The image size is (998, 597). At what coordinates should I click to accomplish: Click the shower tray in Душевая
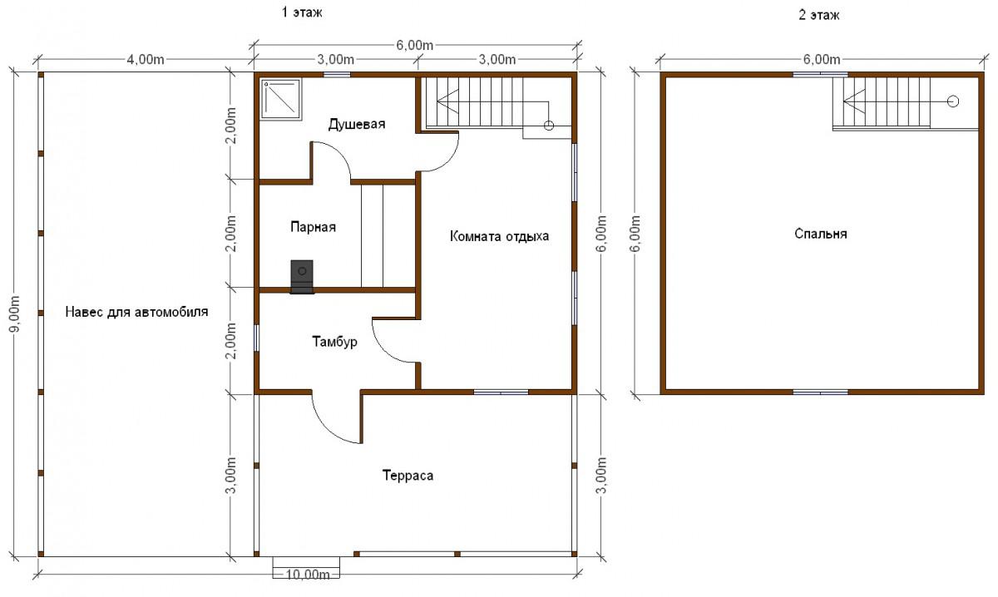(281, 100)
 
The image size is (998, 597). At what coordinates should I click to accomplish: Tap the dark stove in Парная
(302, 277)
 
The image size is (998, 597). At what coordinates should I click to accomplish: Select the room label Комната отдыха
(499, 235)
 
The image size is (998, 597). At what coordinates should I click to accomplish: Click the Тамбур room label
(334, 342)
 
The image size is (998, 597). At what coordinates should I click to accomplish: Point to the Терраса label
(408, 476)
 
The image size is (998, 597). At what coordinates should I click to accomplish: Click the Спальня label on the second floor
(820, 234)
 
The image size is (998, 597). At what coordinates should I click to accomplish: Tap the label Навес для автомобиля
(136, 312)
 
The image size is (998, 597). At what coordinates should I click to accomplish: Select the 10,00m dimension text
(308, 575)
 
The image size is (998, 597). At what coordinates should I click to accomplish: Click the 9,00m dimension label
(15, 314)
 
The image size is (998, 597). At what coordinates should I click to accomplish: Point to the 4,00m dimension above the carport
(146, 59)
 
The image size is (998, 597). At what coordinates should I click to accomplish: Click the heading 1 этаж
(302, 12)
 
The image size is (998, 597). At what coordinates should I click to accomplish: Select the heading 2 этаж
(819, 15)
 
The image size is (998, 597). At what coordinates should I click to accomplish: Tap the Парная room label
(313, 227)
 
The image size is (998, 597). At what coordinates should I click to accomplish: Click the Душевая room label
(357, 124)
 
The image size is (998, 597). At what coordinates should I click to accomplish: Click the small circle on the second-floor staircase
(952, 101)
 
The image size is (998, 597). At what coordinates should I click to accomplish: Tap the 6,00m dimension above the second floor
(822, 59)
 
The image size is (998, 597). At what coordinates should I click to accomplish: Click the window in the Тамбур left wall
(257, 338)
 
